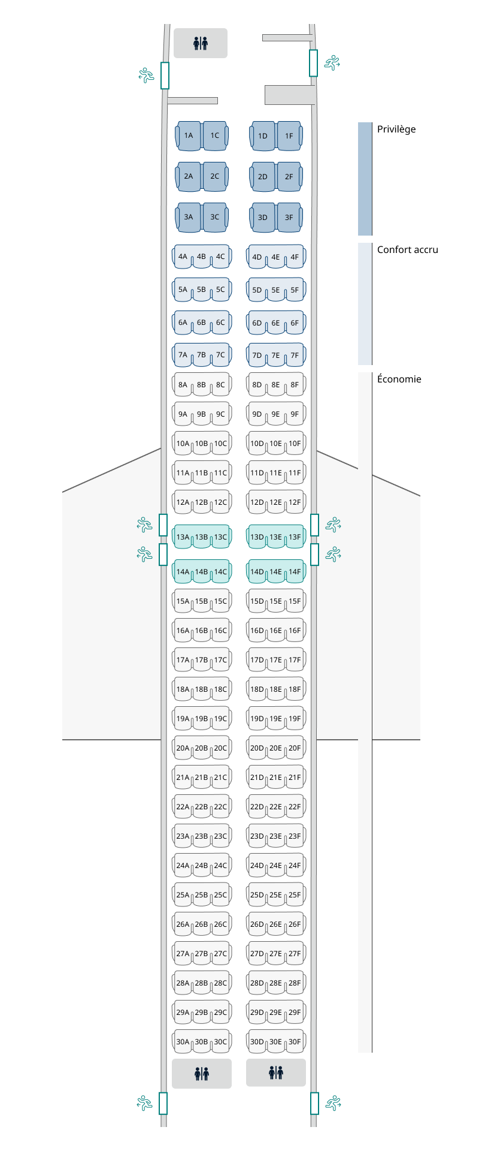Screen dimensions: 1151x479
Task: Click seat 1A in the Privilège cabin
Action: tap(189, 135)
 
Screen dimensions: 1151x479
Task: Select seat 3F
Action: tap(289, 218)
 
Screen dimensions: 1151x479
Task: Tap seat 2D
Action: tap(263, 177)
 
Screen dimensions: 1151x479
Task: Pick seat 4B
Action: tap(201, 257)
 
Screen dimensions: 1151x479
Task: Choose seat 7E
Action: tap(275, 355)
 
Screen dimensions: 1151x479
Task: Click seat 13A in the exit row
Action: tap(183, 537)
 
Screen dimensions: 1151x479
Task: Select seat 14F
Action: tap(295, 572)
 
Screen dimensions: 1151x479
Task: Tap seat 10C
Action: tap(220, 444)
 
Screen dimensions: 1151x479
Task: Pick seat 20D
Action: tap(257, 748)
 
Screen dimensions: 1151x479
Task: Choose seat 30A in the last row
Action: tap(183, 1042)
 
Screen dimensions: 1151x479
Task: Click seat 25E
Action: tap(275, 895)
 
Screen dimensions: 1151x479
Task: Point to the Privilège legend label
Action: tap(396, 129)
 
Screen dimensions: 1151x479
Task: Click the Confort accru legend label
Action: tap(407, 250)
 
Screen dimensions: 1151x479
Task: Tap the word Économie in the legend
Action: tap(399, 379)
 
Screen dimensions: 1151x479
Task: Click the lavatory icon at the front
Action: tap(201, 43)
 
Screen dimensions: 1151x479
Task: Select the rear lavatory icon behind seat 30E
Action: tap(276, 1072)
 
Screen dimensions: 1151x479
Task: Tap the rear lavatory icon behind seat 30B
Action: tap(202, 1074)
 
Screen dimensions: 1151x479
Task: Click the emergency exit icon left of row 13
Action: tap(144, 525)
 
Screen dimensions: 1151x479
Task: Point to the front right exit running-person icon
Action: tap(332, 62)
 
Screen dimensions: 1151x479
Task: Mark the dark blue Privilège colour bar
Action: tap(365, 179)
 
